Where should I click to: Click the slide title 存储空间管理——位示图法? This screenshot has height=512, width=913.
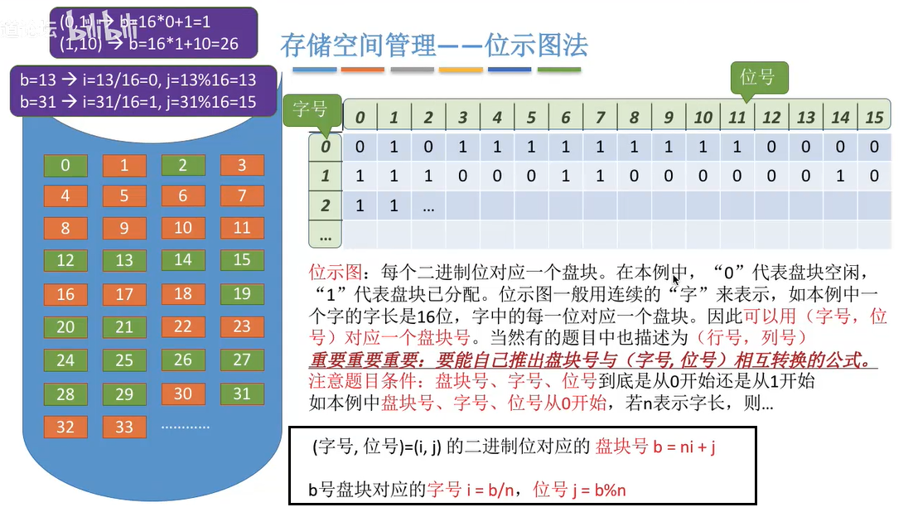pyautogui.click(x=434, y=45)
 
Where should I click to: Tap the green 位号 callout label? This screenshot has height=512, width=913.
pyautogui.click(x=757, y=77)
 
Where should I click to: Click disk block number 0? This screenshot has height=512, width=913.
pyautogui.click(x=65, y=165)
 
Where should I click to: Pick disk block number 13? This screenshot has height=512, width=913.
pyautogui.click(x=124, y=260)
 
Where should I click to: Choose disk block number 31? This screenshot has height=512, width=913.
pyautogui.click(x=242, y=394)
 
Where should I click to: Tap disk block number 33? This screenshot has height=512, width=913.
pyautogui.click(x=124, y=427)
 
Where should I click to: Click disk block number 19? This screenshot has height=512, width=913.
pyautogui.click(x=242, y=293)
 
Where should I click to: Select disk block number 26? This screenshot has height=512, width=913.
pyautogui.click(x=183, y=360)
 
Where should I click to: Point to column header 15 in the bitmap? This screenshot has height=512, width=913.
pyautogui.click(x=874, y=118)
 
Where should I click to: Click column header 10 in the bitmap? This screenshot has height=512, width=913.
pyautogui.click(x=703, y=118)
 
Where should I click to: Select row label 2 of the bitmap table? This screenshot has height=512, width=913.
pyautogui.click(x=325, y=205)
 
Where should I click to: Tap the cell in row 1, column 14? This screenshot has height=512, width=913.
pyautogui.click(x=840, y=176)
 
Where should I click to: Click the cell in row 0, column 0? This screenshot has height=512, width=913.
pyautogui.click(x=360, y=147)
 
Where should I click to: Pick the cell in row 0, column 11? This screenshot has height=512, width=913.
pyautogui.click(x=737, y=147)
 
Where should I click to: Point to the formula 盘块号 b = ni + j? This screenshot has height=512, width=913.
pyautogui.click(x=655, y=447)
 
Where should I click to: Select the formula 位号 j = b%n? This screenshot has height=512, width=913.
pyautogui.click(x=579, y=489)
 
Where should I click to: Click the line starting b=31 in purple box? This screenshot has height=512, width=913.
pyautogui.click(x=138, y=102)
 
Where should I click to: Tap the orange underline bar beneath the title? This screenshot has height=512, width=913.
pyautogui.click(x=362, y=70)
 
